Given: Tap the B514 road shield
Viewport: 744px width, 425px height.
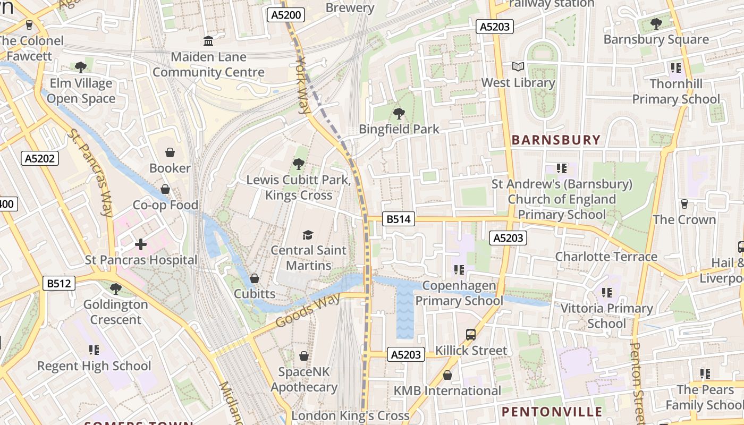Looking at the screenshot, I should click(x=399, y=219).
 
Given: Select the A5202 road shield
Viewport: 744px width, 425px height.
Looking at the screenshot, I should click(x=40, y=158).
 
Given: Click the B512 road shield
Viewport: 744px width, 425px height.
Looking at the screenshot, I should click(x=58, y=283).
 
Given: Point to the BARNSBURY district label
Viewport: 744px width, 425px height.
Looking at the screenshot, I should click(x=556, y=140).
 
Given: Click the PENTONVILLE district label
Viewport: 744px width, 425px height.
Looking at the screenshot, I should click(x=552, y=412).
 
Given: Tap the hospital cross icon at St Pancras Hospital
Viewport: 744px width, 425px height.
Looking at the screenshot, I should click(x=141, y=244).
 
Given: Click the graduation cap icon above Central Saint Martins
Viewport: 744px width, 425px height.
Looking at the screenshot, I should click(x=308, y=235).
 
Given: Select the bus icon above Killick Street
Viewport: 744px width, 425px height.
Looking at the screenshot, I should click(x=471, y=335).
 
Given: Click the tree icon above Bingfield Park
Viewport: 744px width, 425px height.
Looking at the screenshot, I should click(x=399, y=113).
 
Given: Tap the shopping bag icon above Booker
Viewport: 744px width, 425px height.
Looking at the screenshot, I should click(x=170, y=153).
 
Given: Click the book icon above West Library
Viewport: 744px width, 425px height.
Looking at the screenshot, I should click(x=518, y=67).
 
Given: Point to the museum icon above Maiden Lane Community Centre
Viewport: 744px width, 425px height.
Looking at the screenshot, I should click(x=208, y=41).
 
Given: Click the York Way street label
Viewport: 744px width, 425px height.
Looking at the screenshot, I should click(x=303, y=87).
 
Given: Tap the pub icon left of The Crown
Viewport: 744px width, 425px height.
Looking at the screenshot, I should click(x=684, y=204).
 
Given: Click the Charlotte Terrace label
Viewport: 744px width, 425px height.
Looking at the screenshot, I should click(x=606, y=257).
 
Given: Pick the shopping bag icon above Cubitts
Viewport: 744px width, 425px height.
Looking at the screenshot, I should click(x=255, y=278).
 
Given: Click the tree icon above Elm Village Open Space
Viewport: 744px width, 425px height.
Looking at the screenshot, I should click(x=81, y=67).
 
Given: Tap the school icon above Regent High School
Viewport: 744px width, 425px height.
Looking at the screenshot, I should click(x=94, y=350).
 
